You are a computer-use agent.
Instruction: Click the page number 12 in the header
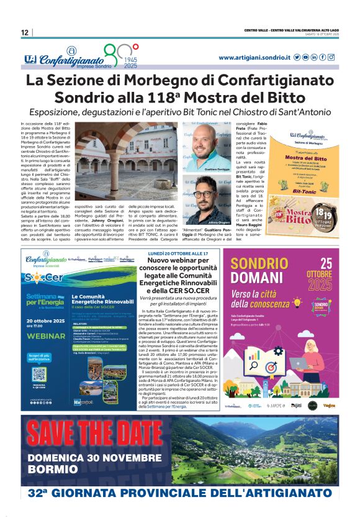point(24,32)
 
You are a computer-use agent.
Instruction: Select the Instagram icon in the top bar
point(331,57)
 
